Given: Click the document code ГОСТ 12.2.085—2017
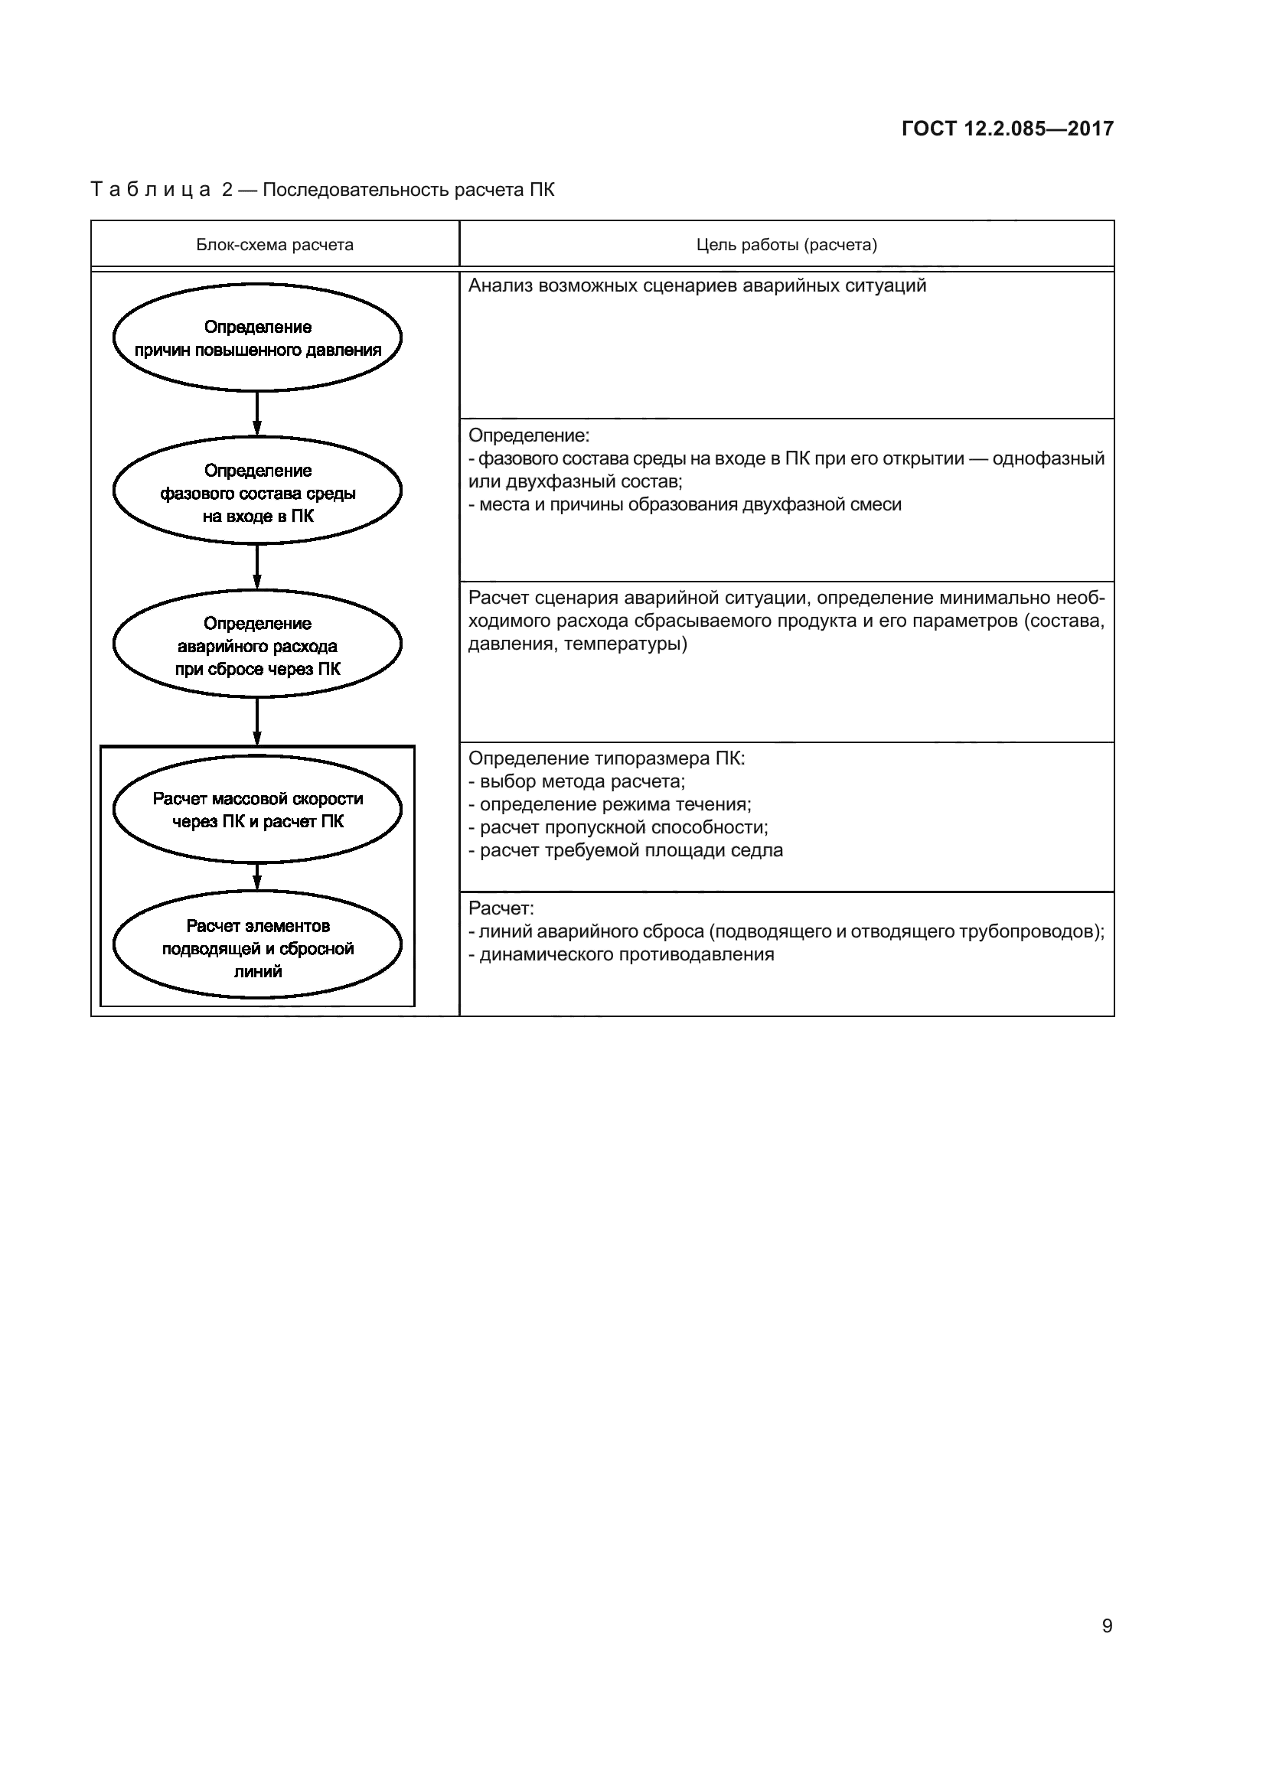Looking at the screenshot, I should coord(1007,129).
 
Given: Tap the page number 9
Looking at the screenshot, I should coord(1107,1625).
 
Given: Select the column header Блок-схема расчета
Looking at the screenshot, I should coord(275,245).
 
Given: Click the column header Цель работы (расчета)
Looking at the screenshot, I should coord(787,245).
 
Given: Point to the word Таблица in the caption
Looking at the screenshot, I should coord(152,190).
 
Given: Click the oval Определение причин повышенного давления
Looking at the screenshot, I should coord(257,338).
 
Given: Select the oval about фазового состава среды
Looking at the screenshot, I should coord(257,491).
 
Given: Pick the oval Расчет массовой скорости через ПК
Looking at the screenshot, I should coord(257,809).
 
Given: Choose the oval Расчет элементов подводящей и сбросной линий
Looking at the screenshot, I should coord(257,947).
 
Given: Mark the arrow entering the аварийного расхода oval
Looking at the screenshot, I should coord(257,567).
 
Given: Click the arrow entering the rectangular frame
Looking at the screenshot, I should coord(257,721).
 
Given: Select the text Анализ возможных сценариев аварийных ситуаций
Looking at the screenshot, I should coord(697,285).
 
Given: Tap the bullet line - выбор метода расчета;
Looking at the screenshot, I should coord(577,781).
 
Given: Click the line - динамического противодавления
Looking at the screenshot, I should coord(622,954).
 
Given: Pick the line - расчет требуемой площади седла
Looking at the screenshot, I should coord(626,850).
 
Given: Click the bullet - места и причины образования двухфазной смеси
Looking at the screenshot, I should coord(685,504).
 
